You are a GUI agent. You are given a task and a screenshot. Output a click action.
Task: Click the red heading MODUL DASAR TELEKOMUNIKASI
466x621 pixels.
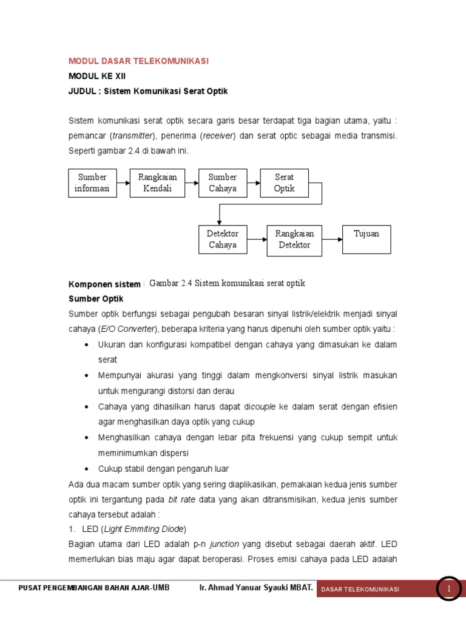(138, 61)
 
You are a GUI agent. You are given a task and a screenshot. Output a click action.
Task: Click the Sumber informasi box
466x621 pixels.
(92, 183)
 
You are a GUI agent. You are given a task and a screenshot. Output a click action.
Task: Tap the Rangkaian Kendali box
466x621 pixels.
(158, 183)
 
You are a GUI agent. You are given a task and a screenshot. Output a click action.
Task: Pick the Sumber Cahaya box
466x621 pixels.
(223, 183)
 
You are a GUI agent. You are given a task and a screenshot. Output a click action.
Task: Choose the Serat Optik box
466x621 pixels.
(284, 183)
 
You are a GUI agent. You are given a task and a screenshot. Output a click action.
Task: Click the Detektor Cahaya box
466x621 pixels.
(223, 240)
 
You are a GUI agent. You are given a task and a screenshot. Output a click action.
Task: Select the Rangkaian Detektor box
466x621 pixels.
(294, 240)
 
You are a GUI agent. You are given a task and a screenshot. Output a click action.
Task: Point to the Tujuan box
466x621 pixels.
(366, 240)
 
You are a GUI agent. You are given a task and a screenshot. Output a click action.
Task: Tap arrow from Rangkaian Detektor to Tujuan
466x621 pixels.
(332, 240)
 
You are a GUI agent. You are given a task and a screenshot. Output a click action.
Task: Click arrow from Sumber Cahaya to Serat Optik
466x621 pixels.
(254, 183)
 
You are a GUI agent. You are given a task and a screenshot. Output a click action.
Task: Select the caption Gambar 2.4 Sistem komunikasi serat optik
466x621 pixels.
(227, 283)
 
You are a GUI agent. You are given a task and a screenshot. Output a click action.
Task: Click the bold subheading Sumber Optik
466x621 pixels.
(96, 299)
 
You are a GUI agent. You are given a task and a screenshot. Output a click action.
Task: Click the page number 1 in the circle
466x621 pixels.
(449, 588)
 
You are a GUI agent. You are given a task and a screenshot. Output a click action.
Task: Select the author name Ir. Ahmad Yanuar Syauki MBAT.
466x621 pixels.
(255, 588)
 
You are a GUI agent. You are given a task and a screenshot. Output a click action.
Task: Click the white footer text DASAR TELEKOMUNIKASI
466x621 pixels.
(360, 589)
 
